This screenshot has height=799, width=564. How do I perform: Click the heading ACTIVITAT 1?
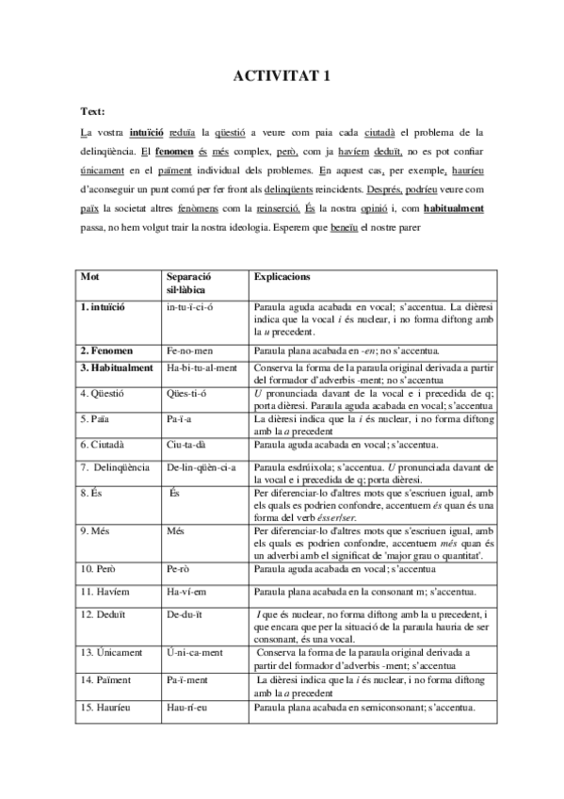282,78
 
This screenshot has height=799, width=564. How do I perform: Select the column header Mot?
90,278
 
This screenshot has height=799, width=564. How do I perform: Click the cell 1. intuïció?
104,308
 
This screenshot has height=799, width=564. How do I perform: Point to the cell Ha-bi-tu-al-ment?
201,367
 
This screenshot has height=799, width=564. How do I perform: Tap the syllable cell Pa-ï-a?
182,417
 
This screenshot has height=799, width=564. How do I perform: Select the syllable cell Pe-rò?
182,570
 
